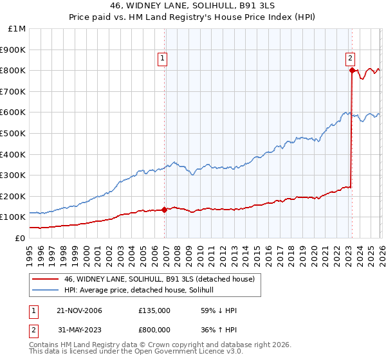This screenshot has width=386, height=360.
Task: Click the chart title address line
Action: (x=193, y=6)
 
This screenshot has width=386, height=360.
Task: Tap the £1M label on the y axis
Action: (x=17, y=29)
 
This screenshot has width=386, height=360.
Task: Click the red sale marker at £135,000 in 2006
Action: (x=165, y=210)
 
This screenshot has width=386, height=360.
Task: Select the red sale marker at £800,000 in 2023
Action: (x=353, y=71)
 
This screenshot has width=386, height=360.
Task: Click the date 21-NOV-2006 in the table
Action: (x=78, y=310)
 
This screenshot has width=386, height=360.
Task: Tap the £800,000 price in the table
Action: (x=154, y=329)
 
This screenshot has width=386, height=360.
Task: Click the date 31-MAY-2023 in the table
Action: (x=78, y=329)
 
